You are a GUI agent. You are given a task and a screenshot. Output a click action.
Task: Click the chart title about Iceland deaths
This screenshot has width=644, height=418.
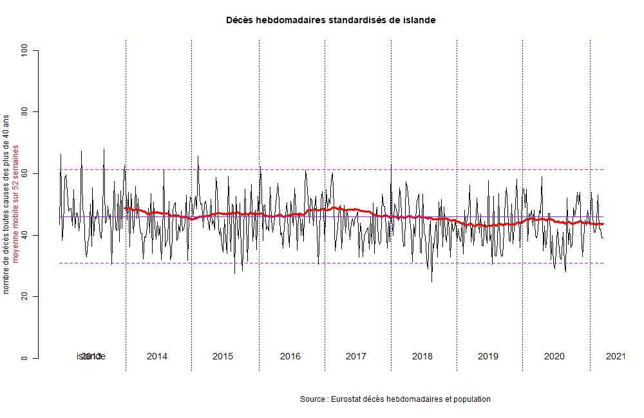coord(330,20)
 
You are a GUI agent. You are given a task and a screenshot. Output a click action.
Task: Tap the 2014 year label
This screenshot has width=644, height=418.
coord(157,356)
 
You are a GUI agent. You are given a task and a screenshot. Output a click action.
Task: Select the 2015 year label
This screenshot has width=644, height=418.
coord(223,356)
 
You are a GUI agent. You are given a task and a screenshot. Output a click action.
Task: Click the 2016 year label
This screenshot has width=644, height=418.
coord(290,356)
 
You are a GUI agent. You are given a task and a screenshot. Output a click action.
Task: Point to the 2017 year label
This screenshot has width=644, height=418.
coord(356,356)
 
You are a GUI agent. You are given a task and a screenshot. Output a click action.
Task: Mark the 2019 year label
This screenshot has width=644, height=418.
coord(488,356)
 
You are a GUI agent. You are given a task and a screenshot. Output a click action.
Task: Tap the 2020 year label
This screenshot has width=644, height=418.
coord(554,356)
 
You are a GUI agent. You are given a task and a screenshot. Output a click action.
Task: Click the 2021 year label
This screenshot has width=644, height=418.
coord(616,356)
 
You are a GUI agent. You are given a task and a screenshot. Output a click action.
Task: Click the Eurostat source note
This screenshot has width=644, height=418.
coord(395,399)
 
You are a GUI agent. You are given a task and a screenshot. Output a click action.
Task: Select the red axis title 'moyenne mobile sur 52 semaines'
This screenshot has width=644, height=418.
coord(16,204)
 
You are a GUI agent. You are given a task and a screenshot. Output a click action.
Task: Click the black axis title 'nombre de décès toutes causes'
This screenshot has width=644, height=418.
coord(6,204)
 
